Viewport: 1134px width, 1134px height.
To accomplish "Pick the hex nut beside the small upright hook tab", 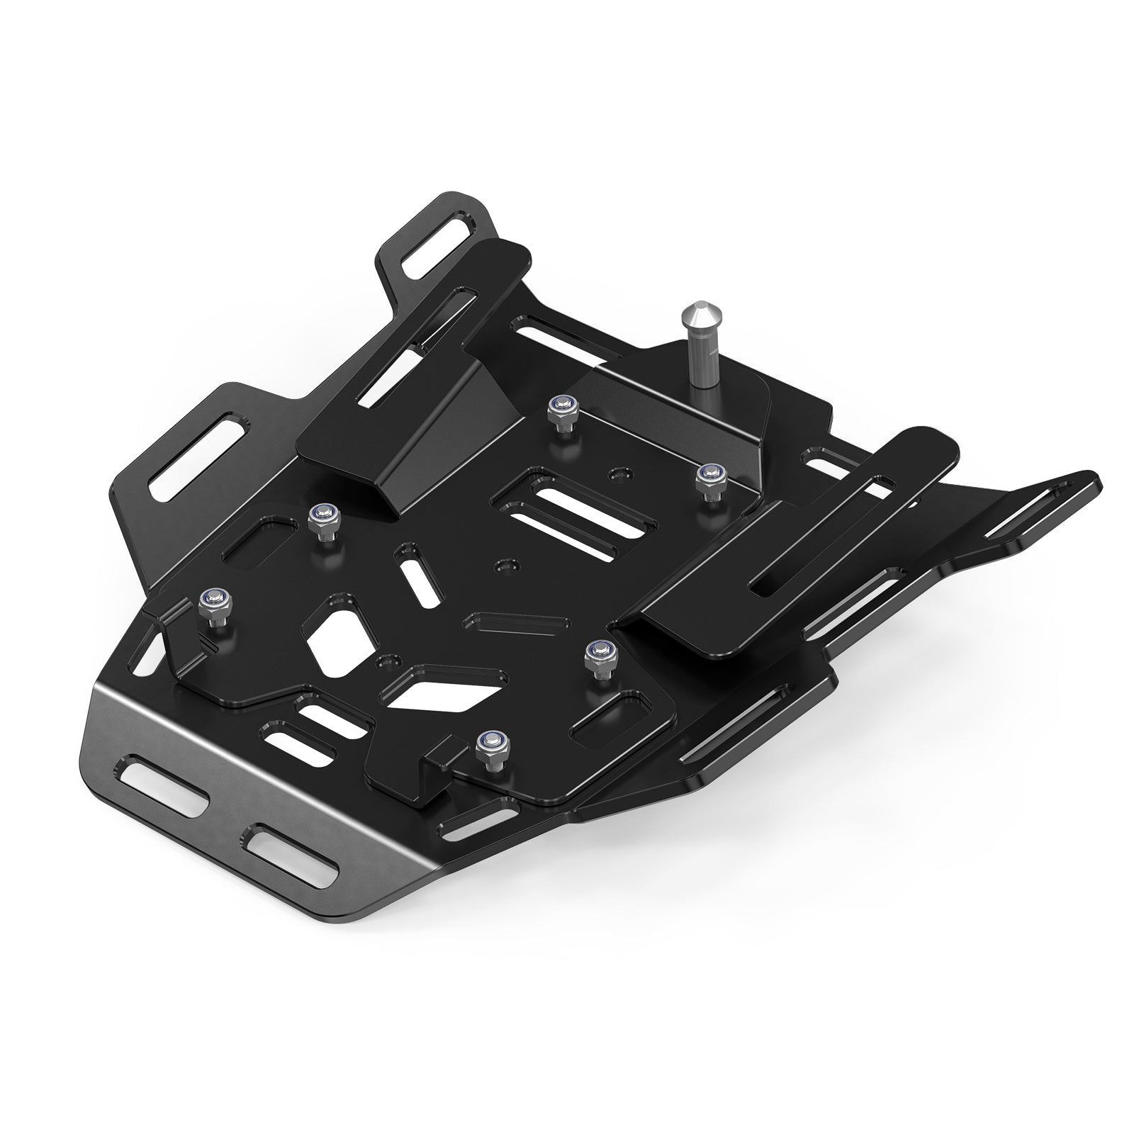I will tap(488, 748).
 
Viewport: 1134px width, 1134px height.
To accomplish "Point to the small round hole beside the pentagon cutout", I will tap(386, 661).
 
